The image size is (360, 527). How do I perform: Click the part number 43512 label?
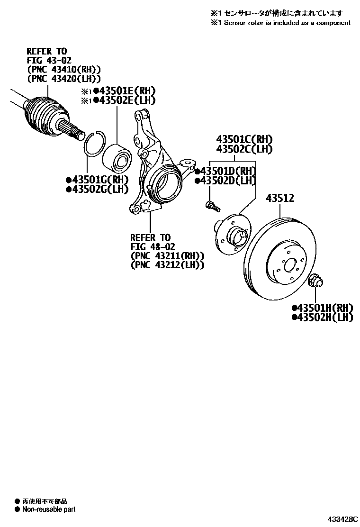pos(279,198)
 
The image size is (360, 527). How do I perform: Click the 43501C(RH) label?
pos(244,139)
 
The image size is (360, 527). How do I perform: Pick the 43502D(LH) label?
pos(228,181)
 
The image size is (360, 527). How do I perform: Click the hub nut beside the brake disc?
pos(315,282)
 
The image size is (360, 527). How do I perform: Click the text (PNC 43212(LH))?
pos(167,265)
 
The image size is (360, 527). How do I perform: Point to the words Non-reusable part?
pos(49,509)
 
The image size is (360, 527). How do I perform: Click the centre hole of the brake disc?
pos(288,262)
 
